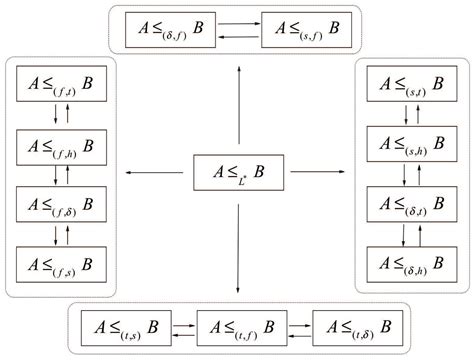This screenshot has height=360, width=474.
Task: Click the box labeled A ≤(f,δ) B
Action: [x=57, y=206]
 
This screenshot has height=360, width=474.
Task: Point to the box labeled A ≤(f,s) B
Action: [x=57, y=265]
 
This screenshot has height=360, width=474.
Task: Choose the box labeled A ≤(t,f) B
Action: [x=237, y=326]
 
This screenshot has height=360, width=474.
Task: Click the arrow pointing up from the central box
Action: [x=238, y=105]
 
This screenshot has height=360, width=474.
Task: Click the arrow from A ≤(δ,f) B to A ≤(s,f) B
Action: [x=237, y=22]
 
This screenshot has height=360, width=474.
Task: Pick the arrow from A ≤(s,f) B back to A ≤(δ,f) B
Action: [x=237, y=37]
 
